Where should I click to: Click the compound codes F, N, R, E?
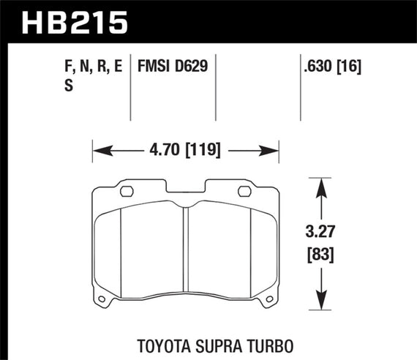pos(91,66)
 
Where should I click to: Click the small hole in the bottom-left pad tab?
pos(102,298)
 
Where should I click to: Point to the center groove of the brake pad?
pos(186,249)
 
